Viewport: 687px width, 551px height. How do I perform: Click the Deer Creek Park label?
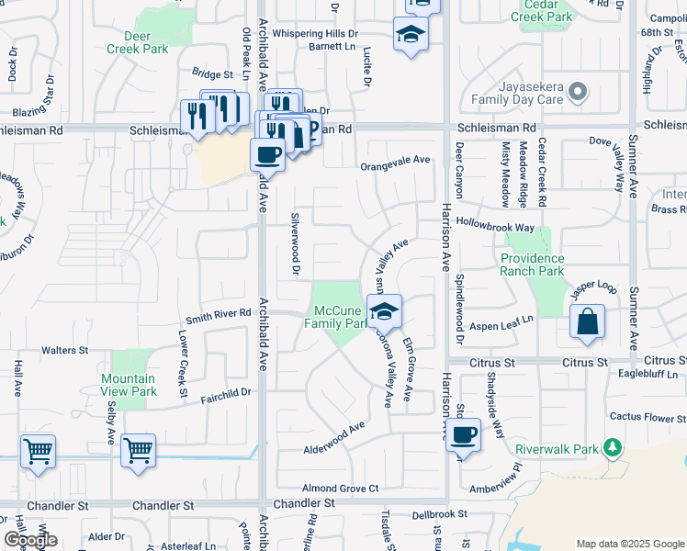click(x=137, y=42)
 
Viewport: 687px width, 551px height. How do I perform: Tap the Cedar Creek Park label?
click(x=541, y=10)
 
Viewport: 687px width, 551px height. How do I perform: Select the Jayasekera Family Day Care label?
click(x=515, y=91)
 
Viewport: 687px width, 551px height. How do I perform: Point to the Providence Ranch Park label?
click(x=545, y=264)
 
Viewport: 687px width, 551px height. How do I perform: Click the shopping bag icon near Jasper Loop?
click(x=587, y=322)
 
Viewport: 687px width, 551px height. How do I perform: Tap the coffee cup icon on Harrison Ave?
click(x=464, y=433)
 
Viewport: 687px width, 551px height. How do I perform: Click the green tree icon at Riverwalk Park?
click(x=611, y=448)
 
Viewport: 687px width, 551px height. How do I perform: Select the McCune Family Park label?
click(x=336, y=317)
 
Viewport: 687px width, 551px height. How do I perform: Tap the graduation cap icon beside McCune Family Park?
click(x=386, y=309)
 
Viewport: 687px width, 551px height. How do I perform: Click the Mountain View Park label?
click(x=129, y=385)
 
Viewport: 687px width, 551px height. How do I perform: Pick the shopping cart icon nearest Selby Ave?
click(x=138, y=450)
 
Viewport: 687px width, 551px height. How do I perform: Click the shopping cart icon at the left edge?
click(x=38, y=450)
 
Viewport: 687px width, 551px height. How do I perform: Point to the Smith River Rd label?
click(x=219, y=313)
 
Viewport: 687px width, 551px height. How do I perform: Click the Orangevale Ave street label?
click(x=395, y=160)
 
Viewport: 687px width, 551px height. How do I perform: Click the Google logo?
click(x=31, y=540)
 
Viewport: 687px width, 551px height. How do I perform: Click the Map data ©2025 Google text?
click(x=630, y=544)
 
